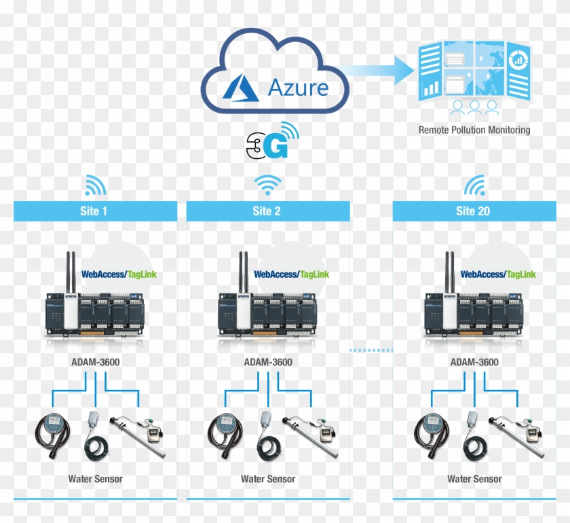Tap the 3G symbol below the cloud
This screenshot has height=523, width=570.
(x=272, y=140)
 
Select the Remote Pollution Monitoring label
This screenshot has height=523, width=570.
(x=474, y=129)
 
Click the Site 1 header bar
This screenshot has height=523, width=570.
(x=94, y=211)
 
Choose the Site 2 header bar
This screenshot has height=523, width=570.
(x=267, y=211)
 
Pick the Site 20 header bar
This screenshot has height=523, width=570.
(x=474, y=211)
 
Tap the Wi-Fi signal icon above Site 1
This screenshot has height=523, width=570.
(x=95, y=185)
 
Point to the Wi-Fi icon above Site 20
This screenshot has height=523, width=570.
(x=474, y=185)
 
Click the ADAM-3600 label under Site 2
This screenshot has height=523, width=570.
(x=268, y=362)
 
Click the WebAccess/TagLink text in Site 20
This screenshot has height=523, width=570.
(x=498, y=274)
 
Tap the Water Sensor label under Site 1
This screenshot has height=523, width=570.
(x=96, y=479)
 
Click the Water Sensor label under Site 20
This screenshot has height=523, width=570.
(x=474, y=479)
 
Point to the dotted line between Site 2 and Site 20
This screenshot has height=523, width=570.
(x=371, y=350)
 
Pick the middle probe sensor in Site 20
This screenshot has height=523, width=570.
(x=472, y=435)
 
